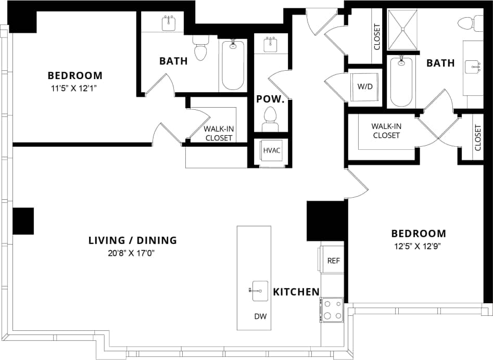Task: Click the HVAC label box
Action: (272, 151)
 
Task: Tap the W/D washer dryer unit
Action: (364, 86)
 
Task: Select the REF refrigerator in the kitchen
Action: (333, 261)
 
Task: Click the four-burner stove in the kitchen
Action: (332, 309)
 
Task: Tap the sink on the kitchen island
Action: (257, 290)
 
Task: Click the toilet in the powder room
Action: (270, 119)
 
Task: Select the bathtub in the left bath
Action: (233, 65)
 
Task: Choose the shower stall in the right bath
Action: (403, 31)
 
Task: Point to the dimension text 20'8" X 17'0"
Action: (132, 253)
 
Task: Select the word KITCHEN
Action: (296, 292)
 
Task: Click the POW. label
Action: (270, 99)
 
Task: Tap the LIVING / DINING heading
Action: (132, 240)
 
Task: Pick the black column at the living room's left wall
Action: (23, 221)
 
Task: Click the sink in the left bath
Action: (168, 23)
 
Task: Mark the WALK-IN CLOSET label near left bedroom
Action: (218, 134)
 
